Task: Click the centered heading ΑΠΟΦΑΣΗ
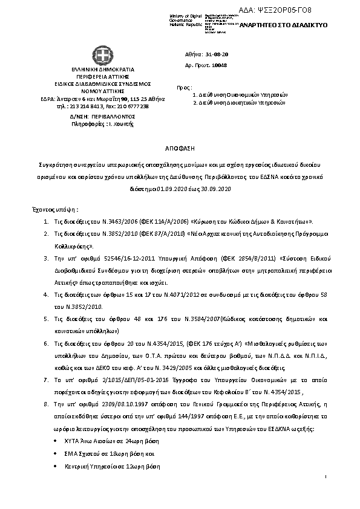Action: pos(180,148)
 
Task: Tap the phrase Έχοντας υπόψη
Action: pos(54,209)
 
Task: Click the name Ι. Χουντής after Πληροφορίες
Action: pos(121,124)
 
